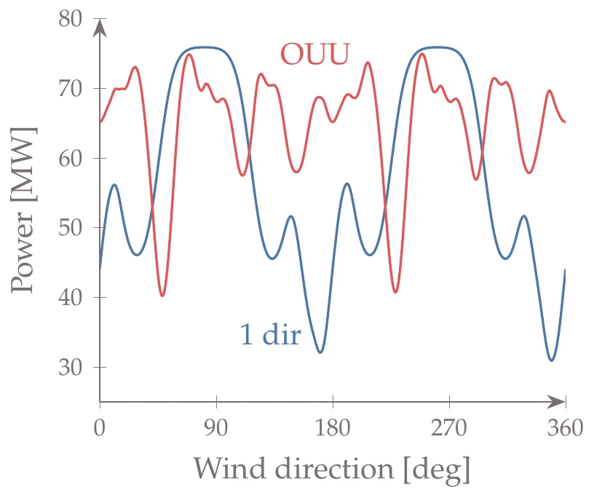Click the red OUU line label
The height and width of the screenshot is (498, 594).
tap(315, 53)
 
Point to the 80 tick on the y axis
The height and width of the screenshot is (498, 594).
tap(73, 19)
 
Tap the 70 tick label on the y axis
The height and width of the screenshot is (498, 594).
tap(73, 89)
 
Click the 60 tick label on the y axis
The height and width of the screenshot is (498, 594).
tap(73, 158)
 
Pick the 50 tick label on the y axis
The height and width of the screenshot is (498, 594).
tap(73, 228)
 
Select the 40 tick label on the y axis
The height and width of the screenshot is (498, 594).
tap(73, 297)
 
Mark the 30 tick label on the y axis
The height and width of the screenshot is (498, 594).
tap(73, 367)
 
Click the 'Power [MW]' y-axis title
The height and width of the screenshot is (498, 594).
tap(23, 210)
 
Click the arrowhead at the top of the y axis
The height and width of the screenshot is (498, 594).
tap(100, 28)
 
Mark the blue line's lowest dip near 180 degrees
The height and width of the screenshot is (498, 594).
tap(320, 352)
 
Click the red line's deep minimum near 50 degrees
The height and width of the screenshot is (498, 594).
tap(163, 296)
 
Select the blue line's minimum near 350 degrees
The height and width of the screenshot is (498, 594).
tap(552, 360)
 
